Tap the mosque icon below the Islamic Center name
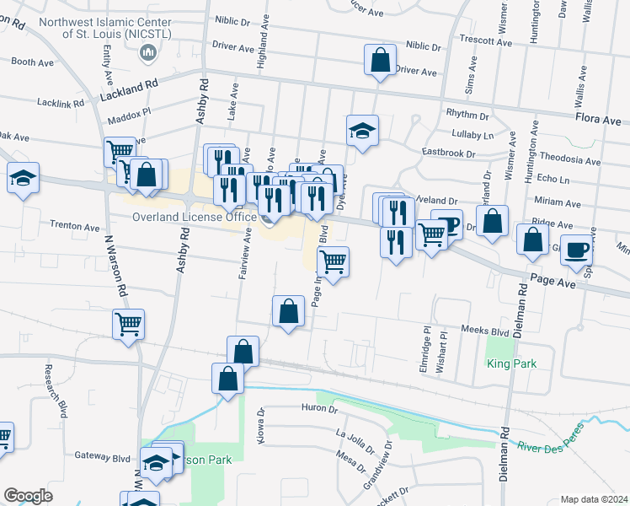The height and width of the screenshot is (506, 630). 148,53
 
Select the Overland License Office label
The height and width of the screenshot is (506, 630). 194,218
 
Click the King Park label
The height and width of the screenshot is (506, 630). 511,364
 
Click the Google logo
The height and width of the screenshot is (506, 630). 28,496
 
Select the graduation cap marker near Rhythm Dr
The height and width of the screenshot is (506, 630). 363,131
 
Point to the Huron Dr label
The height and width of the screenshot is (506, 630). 318,409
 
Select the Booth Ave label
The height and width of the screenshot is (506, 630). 34,62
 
